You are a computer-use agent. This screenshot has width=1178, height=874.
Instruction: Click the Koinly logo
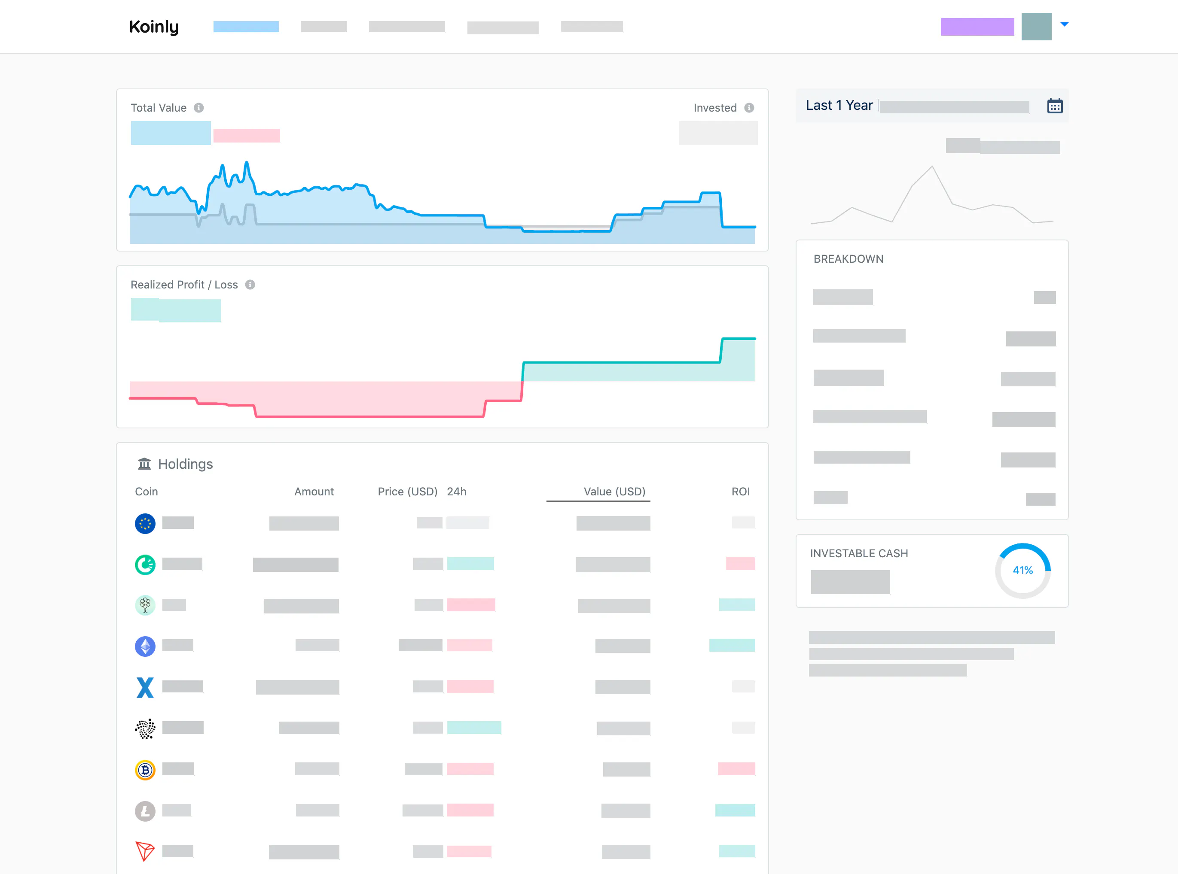click(153, 27)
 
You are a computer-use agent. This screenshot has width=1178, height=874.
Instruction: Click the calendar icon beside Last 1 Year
click(1055, 106)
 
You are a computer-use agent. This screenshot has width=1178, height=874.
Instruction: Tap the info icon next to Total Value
click(198, 108)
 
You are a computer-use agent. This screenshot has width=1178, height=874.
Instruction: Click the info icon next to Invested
click(749, 108)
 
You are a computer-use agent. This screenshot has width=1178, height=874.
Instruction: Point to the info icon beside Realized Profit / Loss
click(250, 285)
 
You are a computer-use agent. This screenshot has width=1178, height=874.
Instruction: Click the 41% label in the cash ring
click(1022, 571)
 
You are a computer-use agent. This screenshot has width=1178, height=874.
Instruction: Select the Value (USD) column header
click(614, 492)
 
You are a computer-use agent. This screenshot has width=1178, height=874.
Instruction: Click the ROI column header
click(740, 492)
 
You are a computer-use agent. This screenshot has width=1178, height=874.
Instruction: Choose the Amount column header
click(314, 492)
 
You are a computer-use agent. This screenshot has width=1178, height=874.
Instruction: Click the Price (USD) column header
click(407, 492)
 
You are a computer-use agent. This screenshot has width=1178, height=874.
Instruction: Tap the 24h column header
click(456, 492)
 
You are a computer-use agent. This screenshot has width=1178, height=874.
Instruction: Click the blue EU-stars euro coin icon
click(145, 524)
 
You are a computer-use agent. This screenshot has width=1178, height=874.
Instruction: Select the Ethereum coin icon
click(145, 646)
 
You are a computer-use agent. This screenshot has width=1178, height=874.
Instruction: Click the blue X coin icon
click(145, 688)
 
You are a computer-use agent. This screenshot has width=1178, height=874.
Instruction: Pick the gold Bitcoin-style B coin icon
click(145, 770)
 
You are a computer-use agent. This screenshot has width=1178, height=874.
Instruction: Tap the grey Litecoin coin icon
click(145, 811)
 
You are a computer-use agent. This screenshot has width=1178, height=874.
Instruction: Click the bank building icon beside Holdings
click(144, 464)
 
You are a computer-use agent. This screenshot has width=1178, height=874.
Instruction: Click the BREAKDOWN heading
click(848, 259)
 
